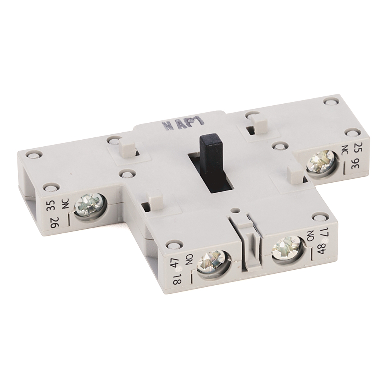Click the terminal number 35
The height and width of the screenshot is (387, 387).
(50, 204)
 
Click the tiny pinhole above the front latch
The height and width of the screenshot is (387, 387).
(234, 211)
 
